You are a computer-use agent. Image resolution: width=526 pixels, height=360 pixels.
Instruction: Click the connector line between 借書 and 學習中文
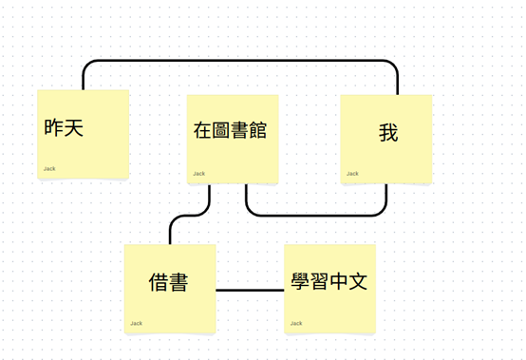tap(250, 289)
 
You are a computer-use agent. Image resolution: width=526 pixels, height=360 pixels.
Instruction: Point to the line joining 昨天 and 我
tap(237, 62)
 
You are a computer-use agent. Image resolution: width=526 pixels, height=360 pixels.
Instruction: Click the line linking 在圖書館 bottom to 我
tap(313, 215)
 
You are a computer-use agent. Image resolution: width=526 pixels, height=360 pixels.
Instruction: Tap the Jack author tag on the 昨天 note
tap(49, 169)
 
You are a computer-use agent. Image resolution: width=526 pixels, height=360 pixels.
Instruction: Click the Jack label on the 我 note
tap(352, 173)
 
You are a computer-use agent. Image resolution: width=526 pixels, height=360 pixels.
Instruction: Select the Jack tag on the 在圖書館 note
tap(199, 173)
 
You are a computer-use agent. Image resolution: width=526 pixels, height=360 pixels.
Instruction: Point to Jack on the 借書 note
tap(137, 323)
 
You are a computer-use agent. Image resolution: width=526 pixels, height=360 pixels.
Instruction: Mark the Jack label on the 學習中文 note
tap(296, 323)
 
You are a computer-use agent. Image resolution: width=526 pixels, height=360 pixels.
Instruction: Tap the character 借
tap(160, 282)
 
